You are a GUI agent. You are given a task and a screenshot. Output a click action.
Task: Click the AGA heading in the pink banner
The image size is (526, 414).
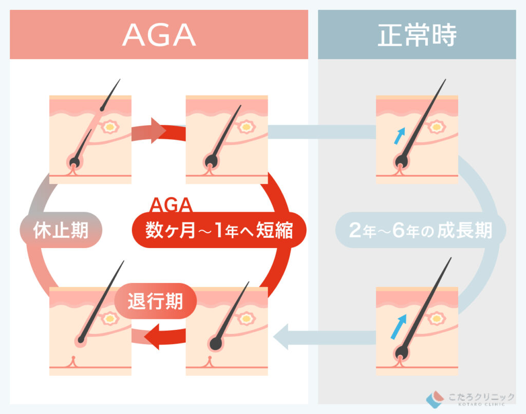pos(159,34)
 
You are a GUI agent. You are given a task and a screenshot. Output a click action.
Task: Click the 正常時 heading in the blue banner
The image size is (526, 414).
pos(417,35)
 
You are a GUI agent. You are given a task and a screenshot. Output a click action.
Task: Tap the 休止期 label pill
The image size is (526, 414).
pos(61,230)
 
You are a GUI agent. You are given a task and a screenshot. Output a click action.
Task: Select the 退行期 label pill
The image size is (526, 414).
pos(155,301)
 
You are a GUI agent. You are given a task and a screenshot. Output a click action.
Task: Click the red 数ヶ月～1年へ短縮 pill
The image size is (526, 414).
pos(219,230)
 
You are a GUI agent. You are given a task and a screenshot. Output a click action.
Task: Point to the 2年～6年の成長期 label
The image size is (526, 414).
pos(421,230)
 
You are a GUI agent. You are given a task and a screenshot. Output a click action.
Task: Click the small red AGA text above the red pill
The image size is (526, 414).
pos(171,204)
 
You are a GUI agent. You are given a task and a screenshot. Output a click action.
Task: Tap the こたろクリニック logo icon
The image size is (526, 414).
pos(435,399)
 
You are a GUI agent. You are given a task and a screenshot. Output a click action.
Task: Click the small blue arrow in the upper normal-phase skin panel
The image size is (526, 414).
pos(400,136)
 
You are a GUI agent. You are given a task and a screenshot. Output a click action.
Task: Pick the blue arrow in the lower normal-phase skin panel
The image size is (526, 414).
pos(399,327)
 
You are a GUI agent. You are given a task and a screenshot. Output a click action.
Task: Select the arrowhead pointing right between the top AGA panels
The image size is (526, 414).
pos(158,130)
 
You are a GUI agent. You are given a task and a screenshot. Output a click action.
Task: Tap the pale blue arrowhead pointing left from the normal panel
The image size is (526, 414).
pos(281,337)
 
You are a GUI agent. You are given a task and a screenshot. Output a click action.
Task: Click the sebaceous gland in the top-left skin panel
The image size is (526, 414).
pos(110,127)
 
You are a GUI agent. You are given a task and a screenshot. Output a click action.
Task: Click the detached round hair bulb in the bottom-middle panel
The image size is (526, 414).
pos(216,344)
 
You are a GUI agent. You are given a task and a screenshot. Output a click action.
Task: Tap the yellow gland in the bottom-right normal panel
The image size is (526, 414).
pos(436,318)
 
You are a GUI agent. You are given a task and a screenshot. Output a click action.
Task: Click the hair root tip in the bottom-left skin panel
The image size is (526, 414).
pos(81,340)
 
